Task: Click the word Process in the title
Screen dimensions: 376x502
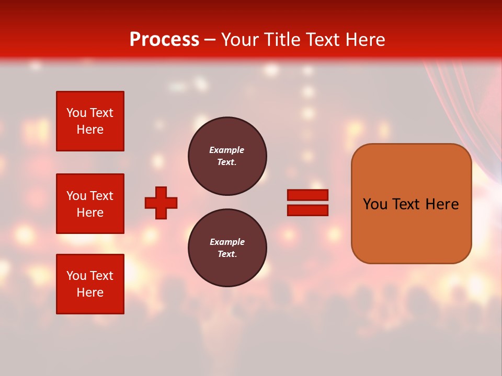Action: coord(164,40)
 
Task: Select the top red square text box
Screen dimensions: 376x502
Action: coord(90,121)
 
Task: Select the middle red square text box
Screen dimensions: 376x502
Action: coord(90,204)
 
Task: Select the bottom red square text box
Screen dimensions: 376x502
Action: coord(90,284)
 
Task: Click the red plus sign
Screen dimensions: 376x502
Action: coord(161,203)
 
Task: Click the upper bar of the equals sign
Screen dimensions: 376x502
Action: coord(307,195)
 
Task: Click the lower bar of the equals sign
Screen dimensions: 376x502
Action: coord(307,210)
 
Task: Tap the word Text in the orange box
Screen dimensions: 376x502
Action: coord(407,204)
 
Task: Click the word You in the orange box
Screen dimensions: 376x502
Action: coord(374,204)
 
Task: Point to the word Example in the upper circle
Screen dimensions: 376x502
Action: coord(227,150)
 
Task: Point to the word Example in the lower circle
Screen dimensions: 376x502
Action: coord(227,242)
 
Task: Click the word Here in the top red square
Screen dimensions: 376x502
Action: coord(90,130)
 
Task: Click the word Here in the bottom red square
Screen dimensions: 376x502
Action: coord(90,292)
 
